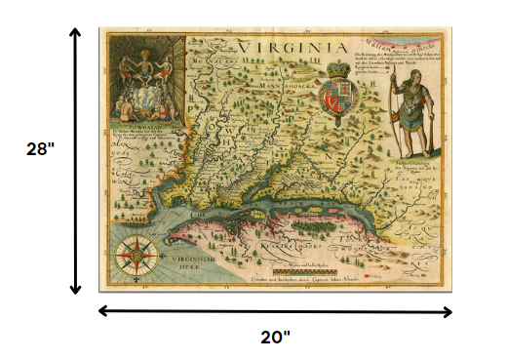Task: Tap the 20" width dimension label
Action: [275, 337]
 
